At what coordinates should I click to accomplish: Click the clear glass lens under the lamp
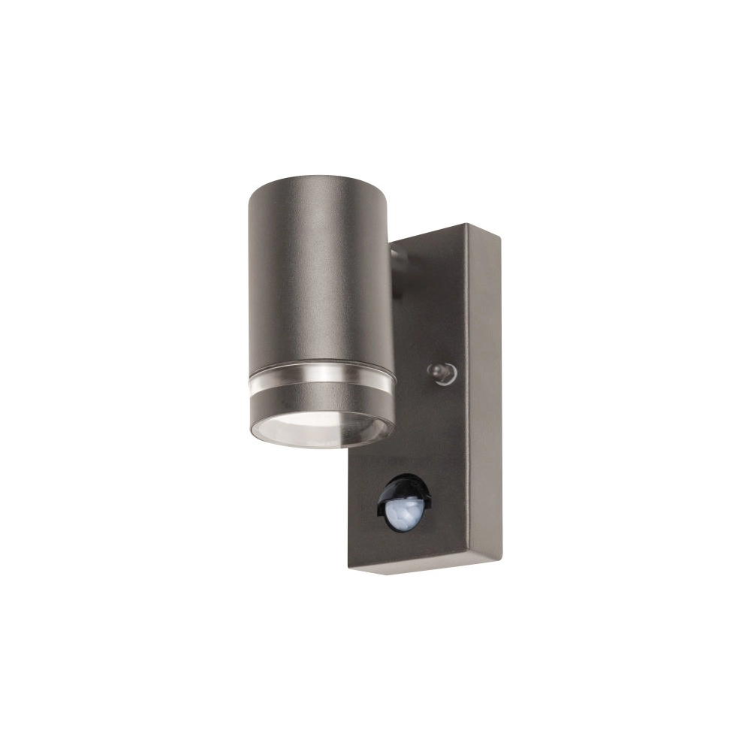(x=321, y=432)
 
